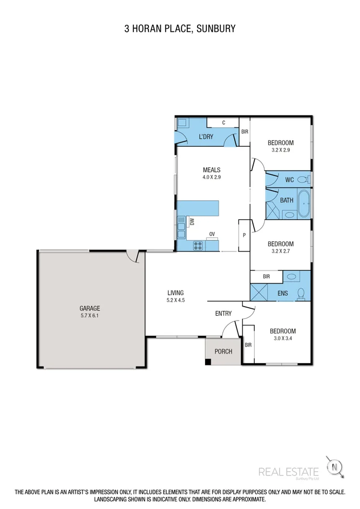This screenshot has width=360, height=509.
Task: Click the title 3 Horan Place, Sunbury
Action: pos(180,28)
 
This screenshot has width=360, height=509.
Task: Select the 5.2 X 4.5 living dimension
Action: pos(176,300)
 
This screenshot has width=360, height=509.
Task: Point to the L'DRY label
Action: pos(206,137)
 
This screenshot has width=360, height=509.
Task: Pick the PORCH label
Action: pos(223,351)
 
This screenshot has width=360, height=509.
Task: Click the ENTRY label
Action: pos(223,314)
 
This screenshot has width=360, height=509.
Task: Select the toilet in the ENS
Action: pos(301,293)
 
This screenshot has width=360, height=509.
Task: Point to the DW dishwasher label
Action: pos(192,221)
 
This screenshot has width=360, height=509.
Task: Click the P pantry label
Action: pos(244,235)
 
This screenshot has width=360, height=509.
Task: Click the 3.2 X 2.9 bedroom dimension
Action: pos(281,151)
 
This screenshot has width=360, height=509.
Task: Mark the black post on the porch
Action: pos(208,362)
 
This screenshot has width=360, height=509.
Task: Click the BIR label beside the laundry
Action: pos(244,132)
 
